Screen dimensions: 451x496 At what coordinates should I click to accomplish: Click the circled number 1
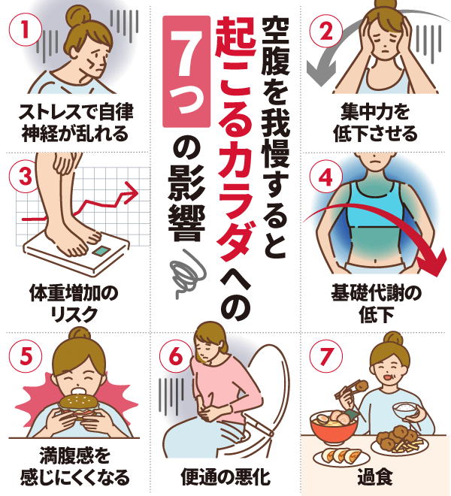tap(26, 30)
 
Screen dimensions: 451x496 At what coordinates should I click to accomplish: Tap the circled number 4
tap(326, 177)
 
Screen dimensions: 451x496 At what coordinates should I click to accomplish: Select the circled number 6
tap(176, 356)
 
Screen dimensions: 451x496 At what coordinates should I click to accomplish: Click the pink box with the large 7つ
tap(186, 72)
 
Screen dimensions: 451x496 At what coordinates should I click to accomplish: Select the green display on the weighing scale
tap(101, 251)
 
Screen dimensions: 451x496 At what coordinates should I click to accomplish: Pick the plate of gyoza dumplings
tap(341, 457)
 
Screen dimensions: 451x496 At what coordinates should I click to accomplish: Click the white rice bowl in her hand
tap(406, 410)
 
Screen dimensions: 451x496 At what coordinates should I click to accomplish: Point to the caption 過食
tap(375, 477)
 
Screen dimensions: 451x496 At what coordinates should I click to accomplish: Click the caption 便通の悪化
tap(225, 477)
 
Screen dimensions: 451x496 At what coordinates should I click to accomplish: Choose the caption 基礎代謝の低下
tap(376, 304)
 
